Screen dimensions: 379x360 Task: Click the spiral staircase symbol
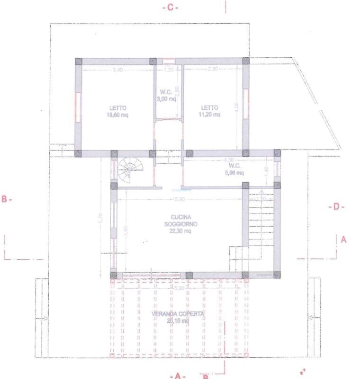point(127,170)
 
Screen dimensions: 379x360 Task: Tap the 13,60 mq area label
point(117,115)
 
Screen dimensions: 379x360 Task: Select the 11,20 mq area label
point(209,114)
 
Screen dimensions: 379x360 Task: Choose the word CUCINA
point(181,217)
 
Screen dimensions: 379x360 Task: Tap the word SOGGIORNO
point(181,224)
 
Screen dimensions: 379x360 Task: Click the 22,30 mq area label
point(181,231)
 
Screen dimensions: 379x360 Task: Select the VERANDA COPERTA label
point(178,314)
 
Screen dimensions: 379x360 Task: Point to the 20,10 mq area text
point(178,321)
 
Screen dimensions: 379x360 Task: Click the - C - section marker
point(170,8)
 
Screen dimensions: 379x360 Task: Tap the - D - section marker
point(336,207)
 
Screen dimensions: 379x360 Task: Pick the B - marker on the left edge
point(7,199)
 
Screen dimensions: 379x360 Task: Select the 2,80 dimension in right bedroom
point(213,70)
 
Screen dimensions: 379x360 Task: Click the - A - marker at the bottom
point(177,375)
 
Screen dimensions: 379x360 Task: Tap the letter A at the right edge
point(344,240)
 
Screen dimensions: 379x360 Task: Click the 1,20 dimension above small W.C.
point(169,70)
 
